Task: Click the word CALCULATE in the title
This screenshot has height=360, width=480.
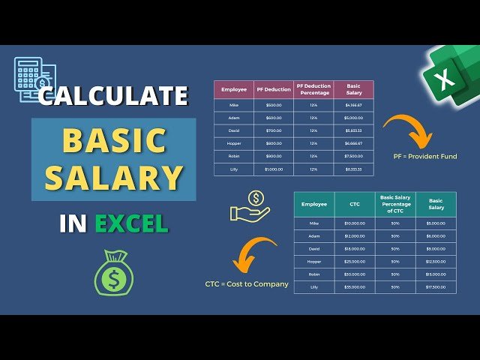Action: click(x=114, y=96)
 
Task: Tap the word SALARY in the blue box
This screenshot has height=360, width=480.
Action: click(x=114, y=177)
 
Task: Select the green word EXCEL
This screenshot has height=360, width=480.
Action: click(x=131, y=223)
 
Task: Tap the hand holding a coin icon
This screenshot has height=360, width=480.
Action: click(x=250, y=207)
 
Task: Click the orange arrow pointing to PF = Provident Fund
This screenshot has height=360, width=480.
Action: click(x=409, y=128)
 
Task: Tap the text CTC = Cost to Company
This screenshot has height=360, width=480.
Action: click(x=247, y=284)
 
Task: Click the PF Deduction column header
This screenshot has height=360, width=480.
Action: click(x=274, y=89)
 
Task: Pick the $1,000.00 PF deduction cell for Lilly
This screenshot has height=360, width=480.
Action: click(x=274, y=169)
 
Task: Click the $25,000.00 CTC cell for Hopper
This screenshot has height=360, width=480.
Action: click(x=355, y=260)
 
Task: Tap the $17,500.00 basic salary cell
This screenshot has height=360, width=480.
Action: click(x=436, y=286)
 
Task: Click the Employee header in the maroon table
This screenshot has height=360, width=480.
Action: click(x=235, y=89)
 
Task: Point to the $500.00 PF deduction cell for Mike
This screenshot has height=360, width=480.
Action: click(x=274, y=105)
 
